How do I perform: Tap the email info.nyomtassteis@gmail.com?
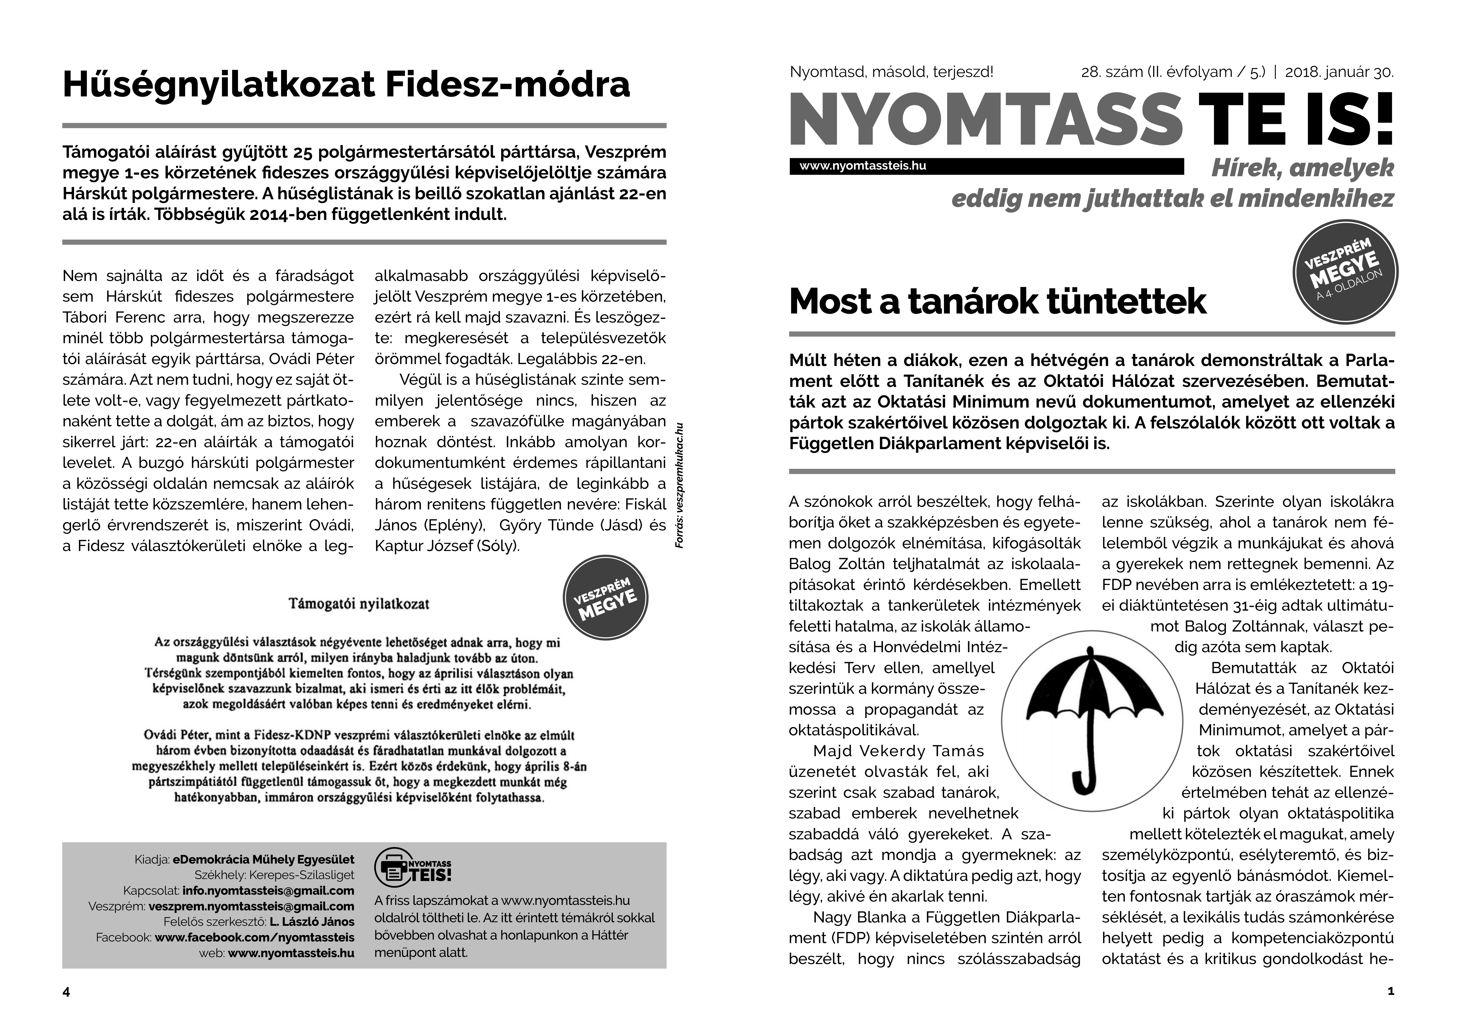tap(268, 891)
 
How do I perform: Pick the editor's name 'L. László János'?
tap(312, 922)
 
